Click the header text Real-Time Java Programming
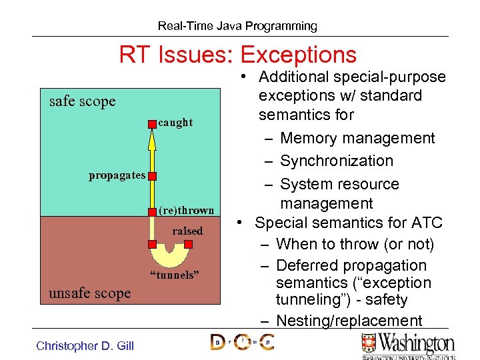tap(237, 26)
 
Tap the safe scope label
tap(82, 101)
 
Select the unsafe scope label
tap(90, 293)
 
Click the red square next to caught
tap(152, 122)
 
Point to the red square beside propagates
tap(152, 176)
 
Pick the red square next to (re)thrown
tap(152, 211)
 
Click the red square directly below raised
tap(188, 244)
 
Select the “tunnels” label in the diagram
tap(174, 275)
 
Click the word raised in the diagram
tap(187, 231)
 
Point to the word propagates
tap(117, 175)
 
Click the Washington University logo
tap(407, 345)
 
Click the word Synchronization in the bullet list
tap(337, 161)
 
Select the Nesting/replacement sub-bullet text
tap(349, 321)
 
